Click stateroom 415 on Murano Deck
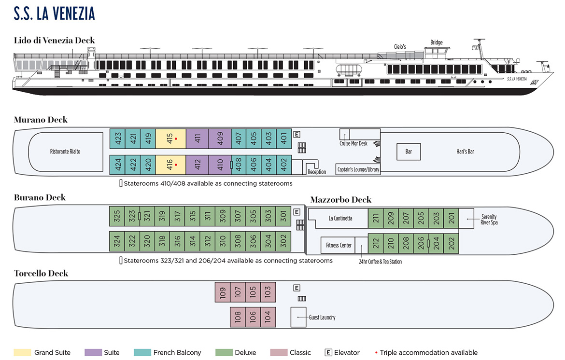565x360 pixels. pos(170,139)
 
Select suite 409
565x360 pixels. pos(220,139)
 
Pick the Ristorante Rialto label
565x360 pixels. pos(65,152)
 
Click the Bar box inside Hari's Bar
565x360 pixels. pos(409,152)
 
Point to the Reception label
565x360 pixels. pos(317,172)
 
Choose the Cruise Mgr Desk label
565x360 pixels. pos(353,143)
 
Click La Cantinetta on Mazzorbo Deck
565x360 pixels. pos(340,218)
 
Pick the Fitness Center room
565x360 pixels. pos(339,245)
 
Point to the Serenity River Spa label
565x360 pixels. pos(489,220)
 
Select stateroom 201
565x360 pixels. pos(451,218)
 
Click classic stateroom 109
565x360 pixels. pos(222,292)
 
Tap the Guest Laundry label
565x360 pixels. pos(322,317)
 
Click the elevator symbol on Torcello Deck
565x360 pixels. pos(297,288)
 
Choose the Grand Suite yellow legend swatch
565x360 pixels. pos(22,352)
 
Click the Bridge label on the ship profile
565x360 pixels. pos(436,42)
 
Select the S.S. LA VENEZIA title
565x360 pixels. pos(55,14)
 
